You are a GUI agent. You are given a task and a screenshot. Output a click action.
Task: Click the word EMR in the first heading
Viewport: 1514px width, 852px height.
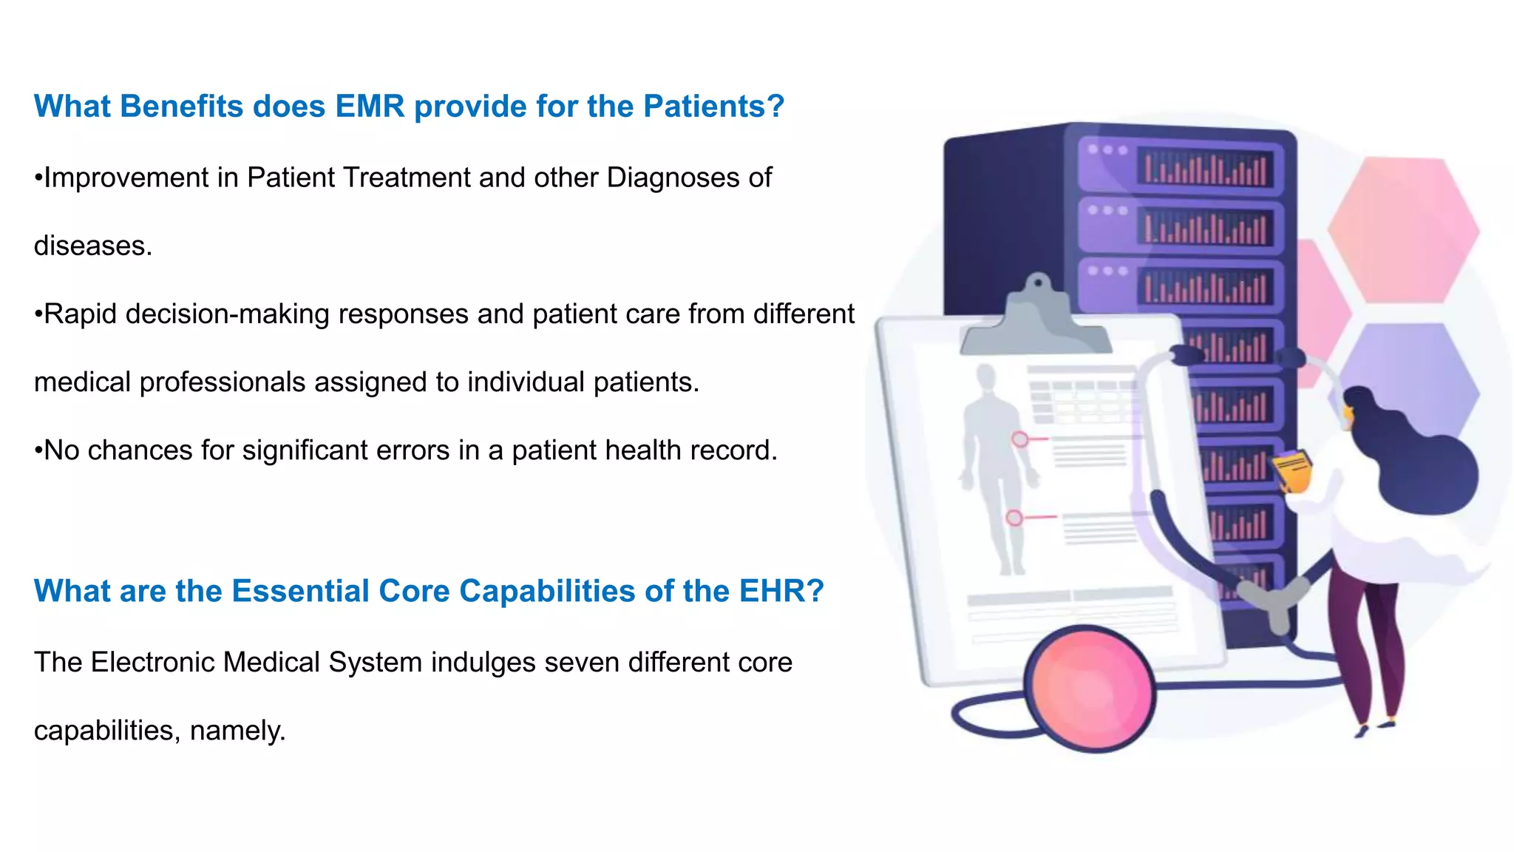point(370,106)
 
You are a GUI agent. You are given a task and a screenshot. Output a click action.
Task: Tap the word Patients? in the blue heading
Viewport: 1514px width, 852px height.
point(713,106)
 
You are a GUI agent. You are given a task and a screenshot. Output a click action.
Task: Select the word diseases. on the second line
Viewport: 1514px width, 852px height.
point(93,246)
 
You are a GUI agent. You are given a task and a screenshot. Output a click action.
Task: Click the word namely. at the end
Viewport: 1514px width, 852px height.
point(237,731)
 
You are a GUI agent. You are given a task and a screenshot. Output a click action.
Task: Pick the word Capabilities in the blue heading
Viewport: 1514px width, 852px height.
point(547,591)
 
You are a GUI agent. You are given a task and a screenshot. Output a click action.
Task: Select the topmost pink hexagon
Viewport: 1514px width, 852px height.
point(1402,229)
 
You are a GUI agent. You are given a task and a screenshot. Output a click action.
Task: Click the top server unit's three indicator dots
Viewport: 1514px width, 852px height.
point(1107,150)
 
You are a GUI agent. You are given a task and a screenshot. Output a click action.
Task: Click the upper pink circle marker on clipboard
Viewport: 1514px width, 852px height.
point(1019,440)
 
